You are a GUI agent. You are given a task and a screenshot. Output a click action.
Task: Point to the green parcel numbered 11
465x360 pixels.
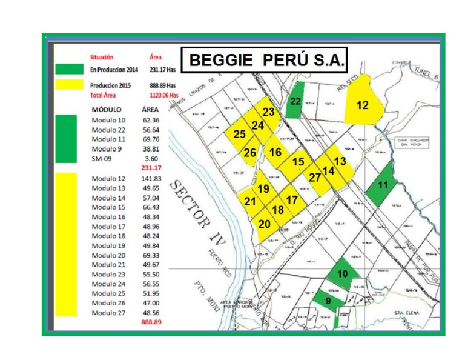(x=381, y=185)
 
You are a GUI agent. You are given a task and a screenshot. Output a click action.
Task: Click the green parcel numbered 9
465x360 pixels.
(x=327, y=299)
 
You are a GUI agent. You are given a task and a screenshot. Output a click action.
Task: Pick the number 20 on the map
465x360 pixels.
(x=265, y=224)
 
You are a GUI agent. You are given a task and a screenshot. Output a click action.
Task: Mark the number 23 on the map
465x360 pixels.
(x=269, y=112)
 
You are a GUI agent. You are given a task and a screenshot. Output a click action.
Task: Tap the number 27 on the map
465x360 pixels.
(x=315, y=178)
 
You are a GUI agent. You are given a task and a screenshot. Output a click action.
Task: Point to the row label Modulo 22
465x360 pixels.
(x=108, y=130)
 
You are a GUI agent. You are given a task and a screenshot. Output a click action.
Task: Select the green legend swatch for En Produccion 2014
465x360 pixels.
(x=69, y=69)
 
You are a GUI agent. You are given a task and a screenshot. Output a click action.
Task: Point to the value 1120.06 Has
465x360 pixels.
(x=164, y=95)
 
